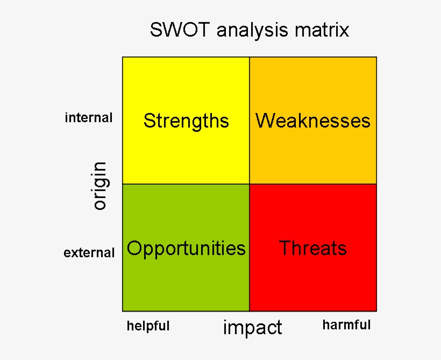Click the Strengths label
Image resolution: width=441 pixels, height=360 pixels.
[186, 121]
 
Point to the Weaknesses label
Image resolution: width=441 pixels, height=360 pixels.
[313, 121]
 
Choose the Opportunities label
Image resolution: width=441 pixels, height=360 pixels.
[186, 248]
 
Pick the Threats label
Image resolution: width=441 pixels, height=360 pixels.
[313, 248]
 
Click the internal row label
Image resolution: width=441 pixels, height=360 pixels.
[89, 118]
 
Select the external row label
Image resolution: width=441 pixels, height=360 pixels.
[89, 252]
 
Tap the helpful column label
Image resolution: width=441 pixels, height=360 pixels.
[148, 326]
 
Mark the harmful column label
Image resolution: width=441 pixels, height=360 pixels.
[346, 325]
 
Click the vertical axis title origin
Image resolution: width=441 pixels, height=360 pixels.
[99, 186]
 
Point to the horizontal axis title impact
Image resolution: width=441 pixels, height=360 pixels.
[252, 327]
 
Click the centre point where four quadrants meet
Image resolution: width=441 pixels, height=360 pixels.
[250, 184]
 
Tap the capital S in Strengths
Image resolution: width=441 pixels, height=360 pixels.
[149, 121]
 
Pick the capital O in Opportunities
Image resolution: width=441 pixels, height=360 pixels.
[134, 248]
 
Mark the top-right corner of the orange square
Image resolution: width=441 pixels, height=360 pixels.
[376, 57]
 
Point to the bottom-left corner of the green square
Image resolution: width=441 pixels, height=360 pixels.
[123, 311]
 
